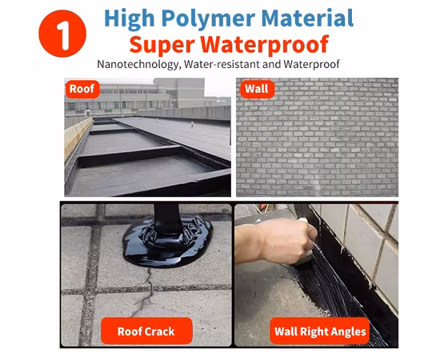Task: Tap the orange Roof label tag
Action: click(x=82, y=89)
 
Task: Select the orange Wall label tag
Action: click(x=257, y=89)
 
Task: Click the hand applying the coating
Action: click(x=276, y=240)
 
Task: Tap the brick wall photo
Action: click(x=320, y=144)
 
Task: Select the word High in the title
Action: click(x=129, y=18)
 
